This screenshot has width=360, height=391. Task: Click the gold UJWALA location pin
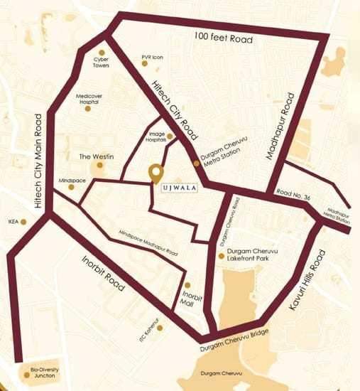pos(155,173)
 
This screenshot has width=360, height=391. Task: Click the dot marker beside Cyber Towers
pos(104,52)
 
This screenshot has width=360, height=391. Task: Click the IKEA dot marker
pos(24,221)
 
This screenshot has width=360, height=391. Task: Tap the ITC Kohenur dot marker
pos(161,328)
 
